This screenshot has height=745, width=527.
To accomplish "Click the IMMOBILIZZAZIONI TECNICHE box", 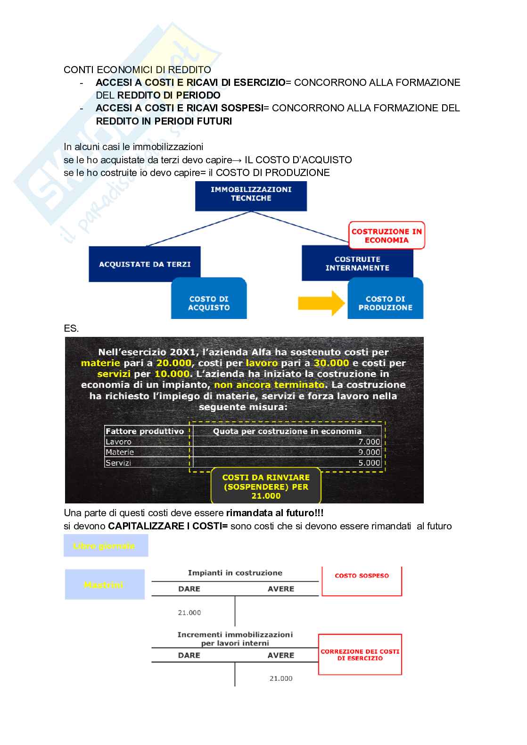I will coord(251,194).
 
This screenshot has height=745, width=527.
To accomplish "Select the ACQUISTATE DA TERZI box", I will coord(144,264).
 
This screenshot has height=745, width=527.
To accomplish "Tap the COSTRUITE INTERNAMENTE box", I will coord(357,263).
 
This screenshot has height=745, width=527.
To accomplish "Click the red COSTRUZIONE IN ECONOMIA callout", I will coord(387,235).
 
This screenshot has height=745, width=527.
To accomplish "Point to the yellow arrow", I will coord(321,302).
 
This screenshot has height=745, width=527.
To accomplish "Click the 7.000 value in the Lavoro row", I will coord(369,442).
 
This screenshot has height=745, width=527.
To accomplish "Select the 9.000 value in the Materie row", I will coord(369,452).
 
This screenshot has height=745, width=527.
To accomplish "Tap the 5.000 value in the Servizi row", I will coord(369,463).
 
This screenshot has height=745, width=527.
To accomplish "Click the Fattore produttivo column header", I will coord(145,431).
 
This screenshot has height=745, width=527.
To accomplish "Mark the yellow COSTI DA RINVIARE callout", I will coord(266,486).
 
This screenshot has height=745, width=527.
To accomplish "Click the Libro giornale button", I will coord(106,546).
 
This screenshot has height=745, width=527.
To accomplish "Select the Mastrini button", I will coord(104,585).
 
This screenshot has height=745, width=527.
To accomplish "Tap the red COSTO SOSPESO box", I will coord(362,581).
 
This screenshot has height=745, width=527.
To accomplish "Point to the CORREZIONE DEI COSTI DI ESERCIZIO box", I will coord(360,654).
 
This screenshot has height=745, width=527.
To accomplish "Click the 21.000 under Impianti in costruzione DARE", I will coord(189,612).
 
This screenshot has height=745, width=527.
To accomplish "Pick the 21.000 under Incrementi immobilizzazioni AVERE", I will coord(281,678).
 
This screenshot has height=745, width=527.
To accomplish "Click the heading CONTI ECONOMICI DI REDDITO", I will coord(137,70).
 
